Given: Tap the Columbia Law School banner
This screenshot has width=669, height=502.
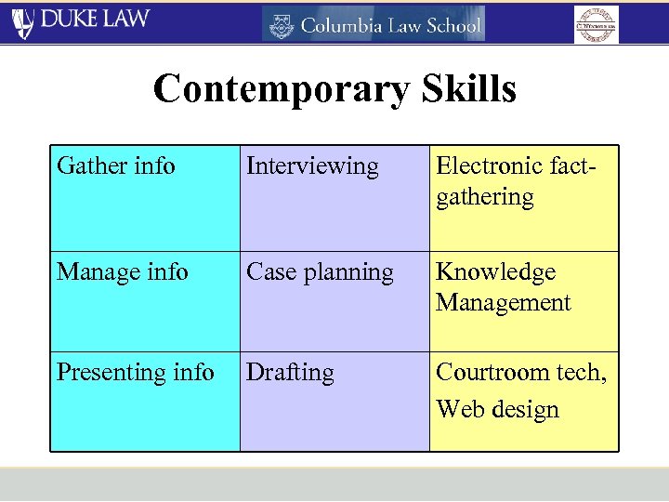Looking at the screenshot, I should click(373, 24).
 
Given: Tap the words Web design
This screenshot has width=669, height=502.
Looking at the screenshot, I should click(498, 409).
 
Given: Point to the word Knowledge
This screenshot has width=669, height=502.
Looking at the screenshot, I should click(495, 272).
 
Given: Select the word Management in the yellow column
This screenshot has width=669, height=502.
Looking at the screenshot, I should click(503, 302).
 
